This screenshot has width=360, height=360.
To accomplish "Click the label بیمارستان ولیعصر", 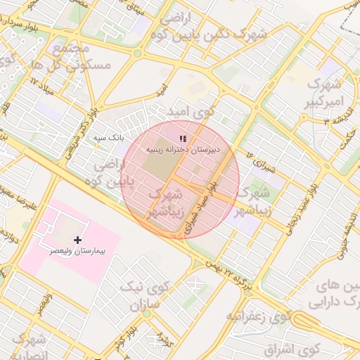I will [x=77, y=250].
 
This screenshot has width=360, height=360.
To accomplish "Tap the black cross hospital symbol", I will [x=77, y=240].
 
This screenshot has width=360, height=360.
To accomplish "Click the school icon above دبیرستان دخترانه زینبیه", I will [x=183, y=139].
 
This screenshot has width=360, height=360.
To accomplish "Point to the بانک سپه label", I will [x=109, y=137].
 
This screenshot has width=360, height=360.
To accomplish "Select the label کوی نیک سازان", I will [x=144, y=295].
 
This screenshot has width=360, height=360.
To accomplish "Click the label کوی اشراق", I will [x=292, y=347].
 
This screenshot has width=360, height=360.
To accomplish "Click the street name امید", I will [x=162, y=91].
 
